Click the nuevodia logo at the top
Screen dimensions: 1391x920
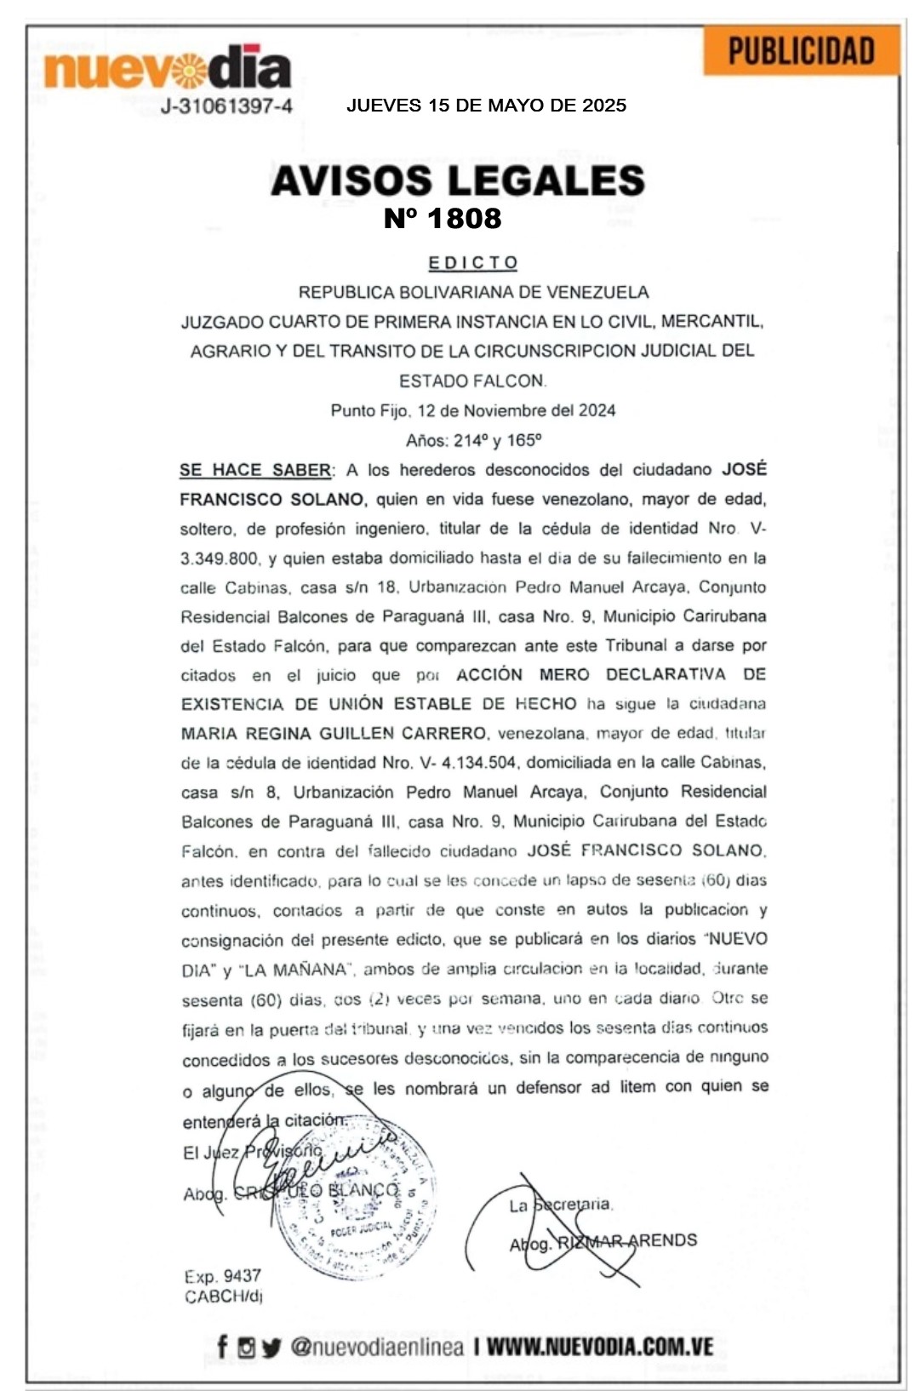click(168, 68)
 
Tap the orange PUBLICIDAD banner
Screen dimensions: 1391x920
click(801, 51)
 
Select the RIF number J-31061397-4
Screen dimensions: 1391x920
click(226, 106)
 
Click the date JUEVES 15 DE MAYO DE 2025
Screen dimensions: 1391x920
click(486, 106)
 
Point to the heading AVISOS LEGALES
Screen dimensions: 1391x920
click(458, 180)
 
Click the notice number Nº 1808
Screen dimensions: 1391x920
click(443, 219)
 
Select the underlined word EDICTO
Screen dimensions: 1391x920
click(473, 262)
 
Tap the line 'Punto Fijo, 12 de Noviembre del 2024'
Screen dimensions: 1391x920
click(473, 410)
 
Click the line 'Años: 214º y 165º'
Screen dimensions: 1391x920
click(473, 440)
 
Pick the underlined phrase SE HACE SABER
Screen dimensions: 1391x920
click(255, 470)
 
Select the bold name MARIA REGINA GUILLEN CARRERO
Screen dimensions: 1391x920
click(334, 733)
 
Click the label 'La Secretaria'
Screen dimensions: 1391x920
click(560, 1205)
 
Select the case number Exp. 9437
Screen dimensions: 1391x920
click(222, 1276)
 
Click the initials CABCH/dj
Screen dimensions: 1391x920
click(223, 1297)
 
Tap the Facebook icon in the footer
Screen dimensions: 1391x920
click(222, 1347)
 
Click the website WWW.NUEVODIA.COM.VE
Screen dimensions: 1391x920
click(599, 1347)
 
